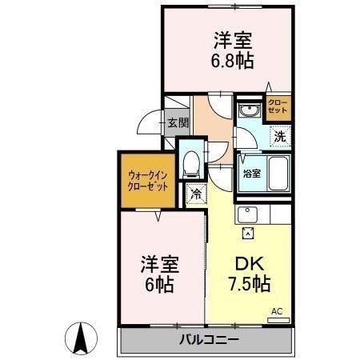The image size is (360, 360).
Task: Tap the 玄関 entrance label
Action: click(x=178, y=123)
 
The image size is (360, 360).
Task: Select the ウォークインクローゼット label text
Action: click(x=147, y=180)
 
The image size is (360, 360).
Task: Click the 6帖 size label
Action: click(x=158, y=284)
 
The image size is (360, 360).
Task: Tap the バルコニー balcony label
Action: click(x=207, y=339)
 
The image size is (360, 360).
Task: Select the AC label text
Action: click(x=277, y=310)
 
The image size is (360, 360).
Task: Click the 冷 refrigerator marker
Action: click(x=196, y=194)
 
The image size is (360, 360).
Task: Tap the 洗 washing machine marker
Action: click(x=279, y=135)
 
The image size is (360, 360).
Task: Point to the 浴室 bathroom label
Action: click(x=250, y=173)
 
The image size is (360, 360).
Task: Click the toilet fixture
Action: click(x=191, y=164)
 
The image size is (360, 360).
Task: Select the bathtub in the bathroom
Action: click(x=278, y=170)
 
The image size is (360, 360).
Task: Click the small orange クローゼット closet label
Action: click(x=278, y=107)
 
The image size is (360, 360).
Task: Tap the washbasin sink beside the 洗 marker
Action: click(x=250, y=113)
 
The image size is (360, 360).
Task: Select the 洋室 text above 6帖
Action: click(x=158, y=263)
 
